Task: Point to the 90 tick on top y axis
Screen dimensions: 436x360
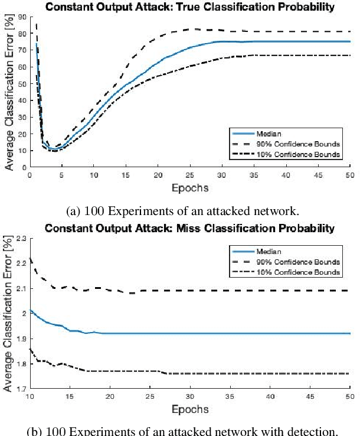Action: click(21, 17)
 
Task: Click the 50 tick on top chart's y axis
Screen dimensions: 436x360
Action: click(21, 83)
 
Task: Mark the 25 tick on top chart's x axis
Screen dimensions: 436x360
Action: click(190, 175)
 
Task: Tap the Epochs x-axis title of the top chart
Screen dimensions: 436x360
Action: click(189, 188)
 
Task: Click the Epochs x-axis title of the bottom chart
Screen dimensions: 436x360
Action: click(189, 409)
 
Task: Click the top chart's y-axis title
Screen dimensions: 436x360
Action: click(8, 92)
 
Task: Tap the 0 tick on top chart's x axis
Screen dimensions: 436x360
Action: click(30, 175)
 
